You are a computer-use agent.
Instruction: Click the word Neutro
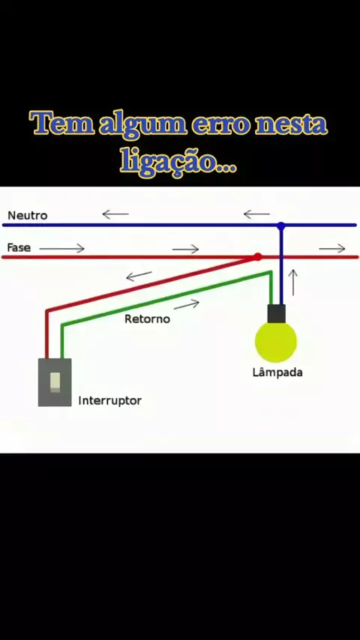click(28, 215)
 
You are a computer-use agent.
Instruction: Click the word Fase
click(19, 248)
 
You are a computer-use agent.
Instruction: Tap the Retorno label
click(147, 319)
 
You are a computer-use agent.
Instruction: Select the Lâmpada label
click(277, 372)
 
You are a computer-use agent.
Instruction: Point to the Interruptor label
click(110, 400)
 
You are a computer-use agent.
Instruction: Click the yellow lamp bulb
click(276, 342)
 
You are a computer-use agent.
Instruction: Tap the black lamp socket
click(277, 313)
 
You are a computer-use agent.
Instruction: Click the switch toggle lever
click(55, 382)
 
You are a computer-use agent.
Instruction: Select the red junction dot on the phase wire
click(257, 257)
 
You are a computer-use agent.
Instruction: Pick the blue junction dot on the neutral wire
click(280, 226)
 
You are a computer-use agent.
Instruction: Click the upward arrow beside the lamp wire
click(293, 283)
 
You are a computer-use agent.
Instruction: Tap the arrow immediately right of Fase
click(61, 248)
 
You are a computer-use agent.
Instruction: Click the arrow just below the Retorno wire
click(187, 304)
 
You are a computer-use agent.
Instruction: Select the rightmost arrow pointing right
click(332, 249)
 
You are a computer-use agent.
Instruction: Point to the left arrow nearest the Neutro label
click(115, 214)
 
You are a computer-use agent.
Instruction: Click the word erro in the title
click(220, 124)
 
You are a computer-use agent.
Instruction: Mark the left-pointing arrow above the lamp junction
click(256, 214)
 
